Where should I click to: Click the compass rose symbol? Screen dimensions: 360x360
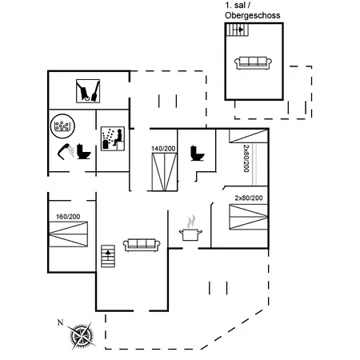click(82, 336)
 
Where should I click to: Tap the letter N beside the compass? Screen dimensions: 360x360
click(61, 322)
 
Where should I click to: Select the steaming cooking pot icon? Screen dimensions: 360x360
click(190, 229)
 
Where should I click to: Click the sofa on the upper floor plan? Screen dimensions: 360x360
click(253, 63)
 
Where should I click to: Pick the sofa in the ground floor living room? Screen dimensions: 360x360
click(142, 245)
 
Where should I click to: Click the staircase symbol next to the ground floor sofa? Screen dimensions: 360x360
click(108, 256)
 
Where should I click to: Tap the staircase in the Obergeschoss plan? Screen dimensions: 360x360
click(238, 30)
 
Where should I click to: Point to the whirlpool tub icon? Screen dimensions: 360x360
click(62, 126)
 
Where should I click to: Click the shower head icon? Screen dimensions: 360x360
click(66, 151)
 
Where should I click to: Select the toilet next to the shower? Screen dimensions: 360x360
click(84, 152)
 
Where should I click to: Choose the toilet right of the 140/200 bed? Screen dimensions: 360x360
click(198, 154)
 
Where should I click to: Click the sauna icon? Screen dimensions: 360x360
click(113, 138)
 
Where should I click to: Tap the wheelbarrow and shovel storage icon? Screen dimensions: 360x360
click(88, 91)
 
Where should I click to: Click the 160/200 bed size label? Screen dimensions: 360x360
click(68, 217)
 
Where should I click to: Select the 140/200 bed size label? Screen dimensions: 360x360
click(163, 149)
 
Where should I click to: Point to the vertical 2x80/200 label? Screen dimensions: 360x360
click(246, 158)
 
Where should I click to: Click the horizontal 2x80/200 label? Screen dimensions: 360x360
click(249, 198)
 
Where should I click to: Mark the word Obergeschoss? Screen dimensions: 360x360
click(253, 15)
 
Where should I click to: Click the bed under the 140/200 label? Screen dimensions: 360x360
click(164, 172)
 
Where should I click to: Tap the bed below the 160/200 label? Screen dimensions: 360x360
click(68, 234)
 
